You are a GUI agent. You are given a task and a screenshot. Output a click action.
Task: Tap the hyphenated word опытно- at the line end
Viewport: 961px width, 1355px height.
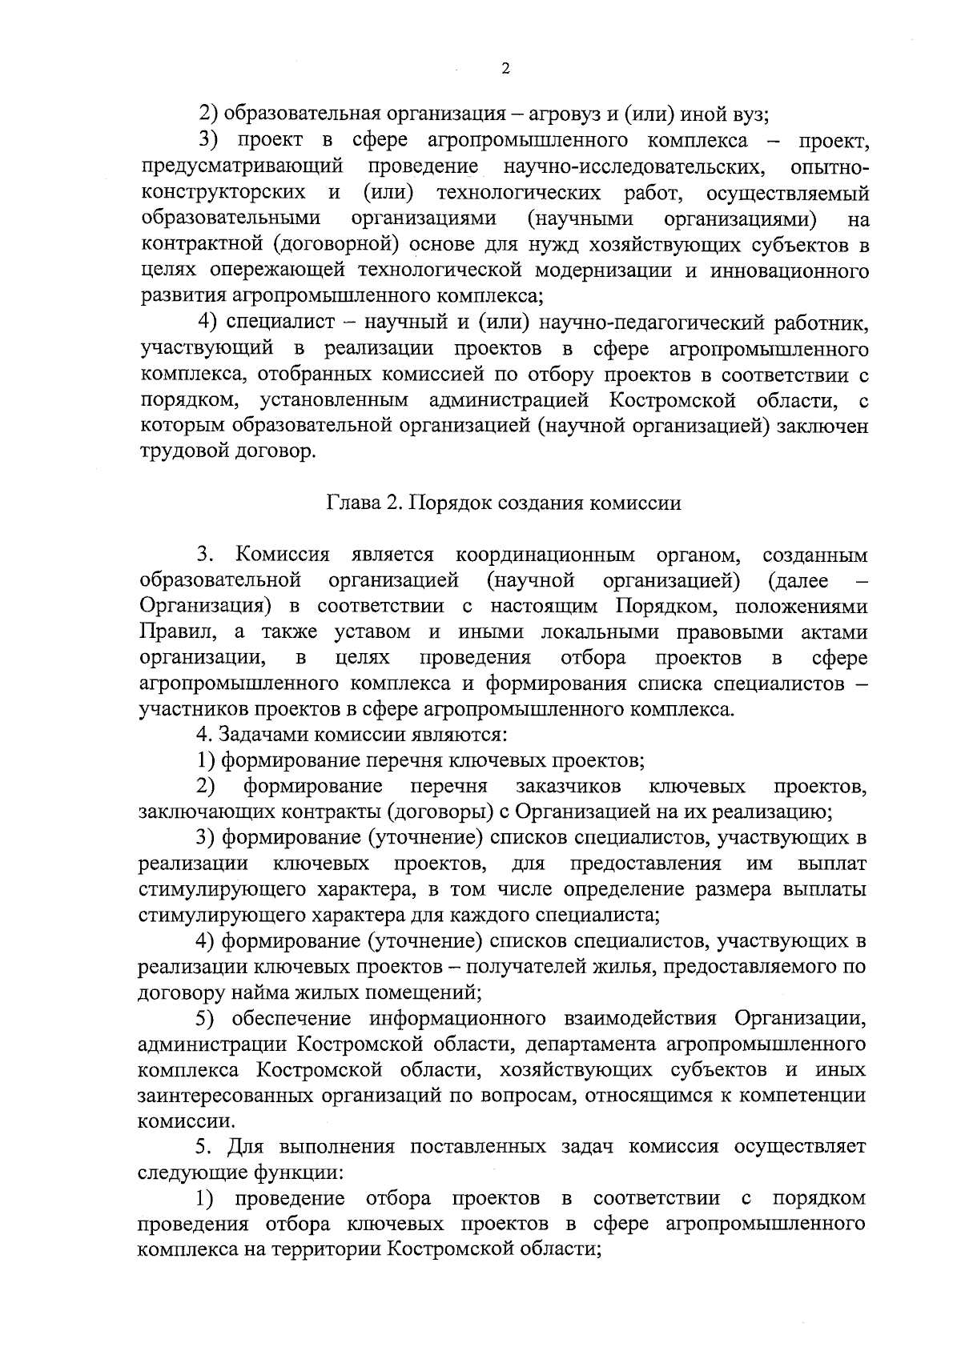point(829,167)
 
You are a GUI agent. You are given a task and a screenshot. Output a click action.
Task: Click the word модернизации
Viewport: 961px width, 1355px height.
point(613,271)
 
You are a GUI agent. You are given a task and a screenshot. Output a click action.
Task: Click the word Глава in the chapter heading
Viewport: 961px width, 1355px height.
point(351,503)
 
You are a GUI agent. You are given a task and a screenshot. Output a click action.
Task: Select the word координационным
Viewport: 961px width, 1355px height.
point(545,555)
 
